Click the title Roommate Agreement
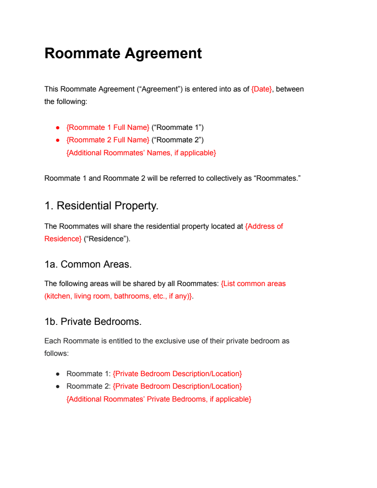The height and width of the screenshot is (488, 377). pyautogui.click(x=123, y=53)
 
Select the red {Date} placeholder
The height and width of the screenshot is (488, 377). pyautogui.click(x=261, y=89)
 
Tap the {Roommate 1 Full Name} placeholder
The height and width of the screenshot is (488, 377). pyautogui.click(x=108, y=127)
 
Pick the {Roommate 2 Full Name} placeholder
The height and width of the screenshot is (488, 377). pyautogui.click(x=108, y=140)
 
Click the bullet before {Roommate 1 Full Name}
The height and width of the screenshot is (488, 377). pyautogui.click(x=58, y=128)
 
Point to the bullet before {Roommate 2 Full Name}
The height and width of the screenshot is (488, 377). pyautogui.click(x=58, y=140)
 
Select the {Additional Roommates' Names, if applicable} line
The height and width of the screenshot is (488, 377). pyautogui.click(x=141, y=152)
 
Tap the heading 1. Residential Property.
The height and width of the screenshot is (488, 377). pyautogui.click(x=102, y=206)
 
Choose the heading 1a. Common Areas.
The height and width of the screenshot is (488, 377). pyautogui.click(x=88, y=264)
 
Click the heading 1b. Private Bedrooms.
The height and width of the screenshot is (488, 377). pyautogui.click(x=93, y=321)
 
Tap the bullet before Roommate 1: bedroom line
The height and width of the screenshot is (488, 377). pyautogui.click(x=58, y=374)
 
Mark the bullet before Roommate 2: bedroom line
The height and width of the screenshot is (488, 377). pyautogui.click(x=58, y=386)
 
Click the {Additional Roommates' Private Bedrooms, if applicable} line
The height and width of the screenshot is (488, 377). pyautogui.click(x=159, y=399)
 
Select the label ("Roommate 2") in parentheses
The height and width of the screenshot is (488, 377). pyautogui.click(x=177, y=140)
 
